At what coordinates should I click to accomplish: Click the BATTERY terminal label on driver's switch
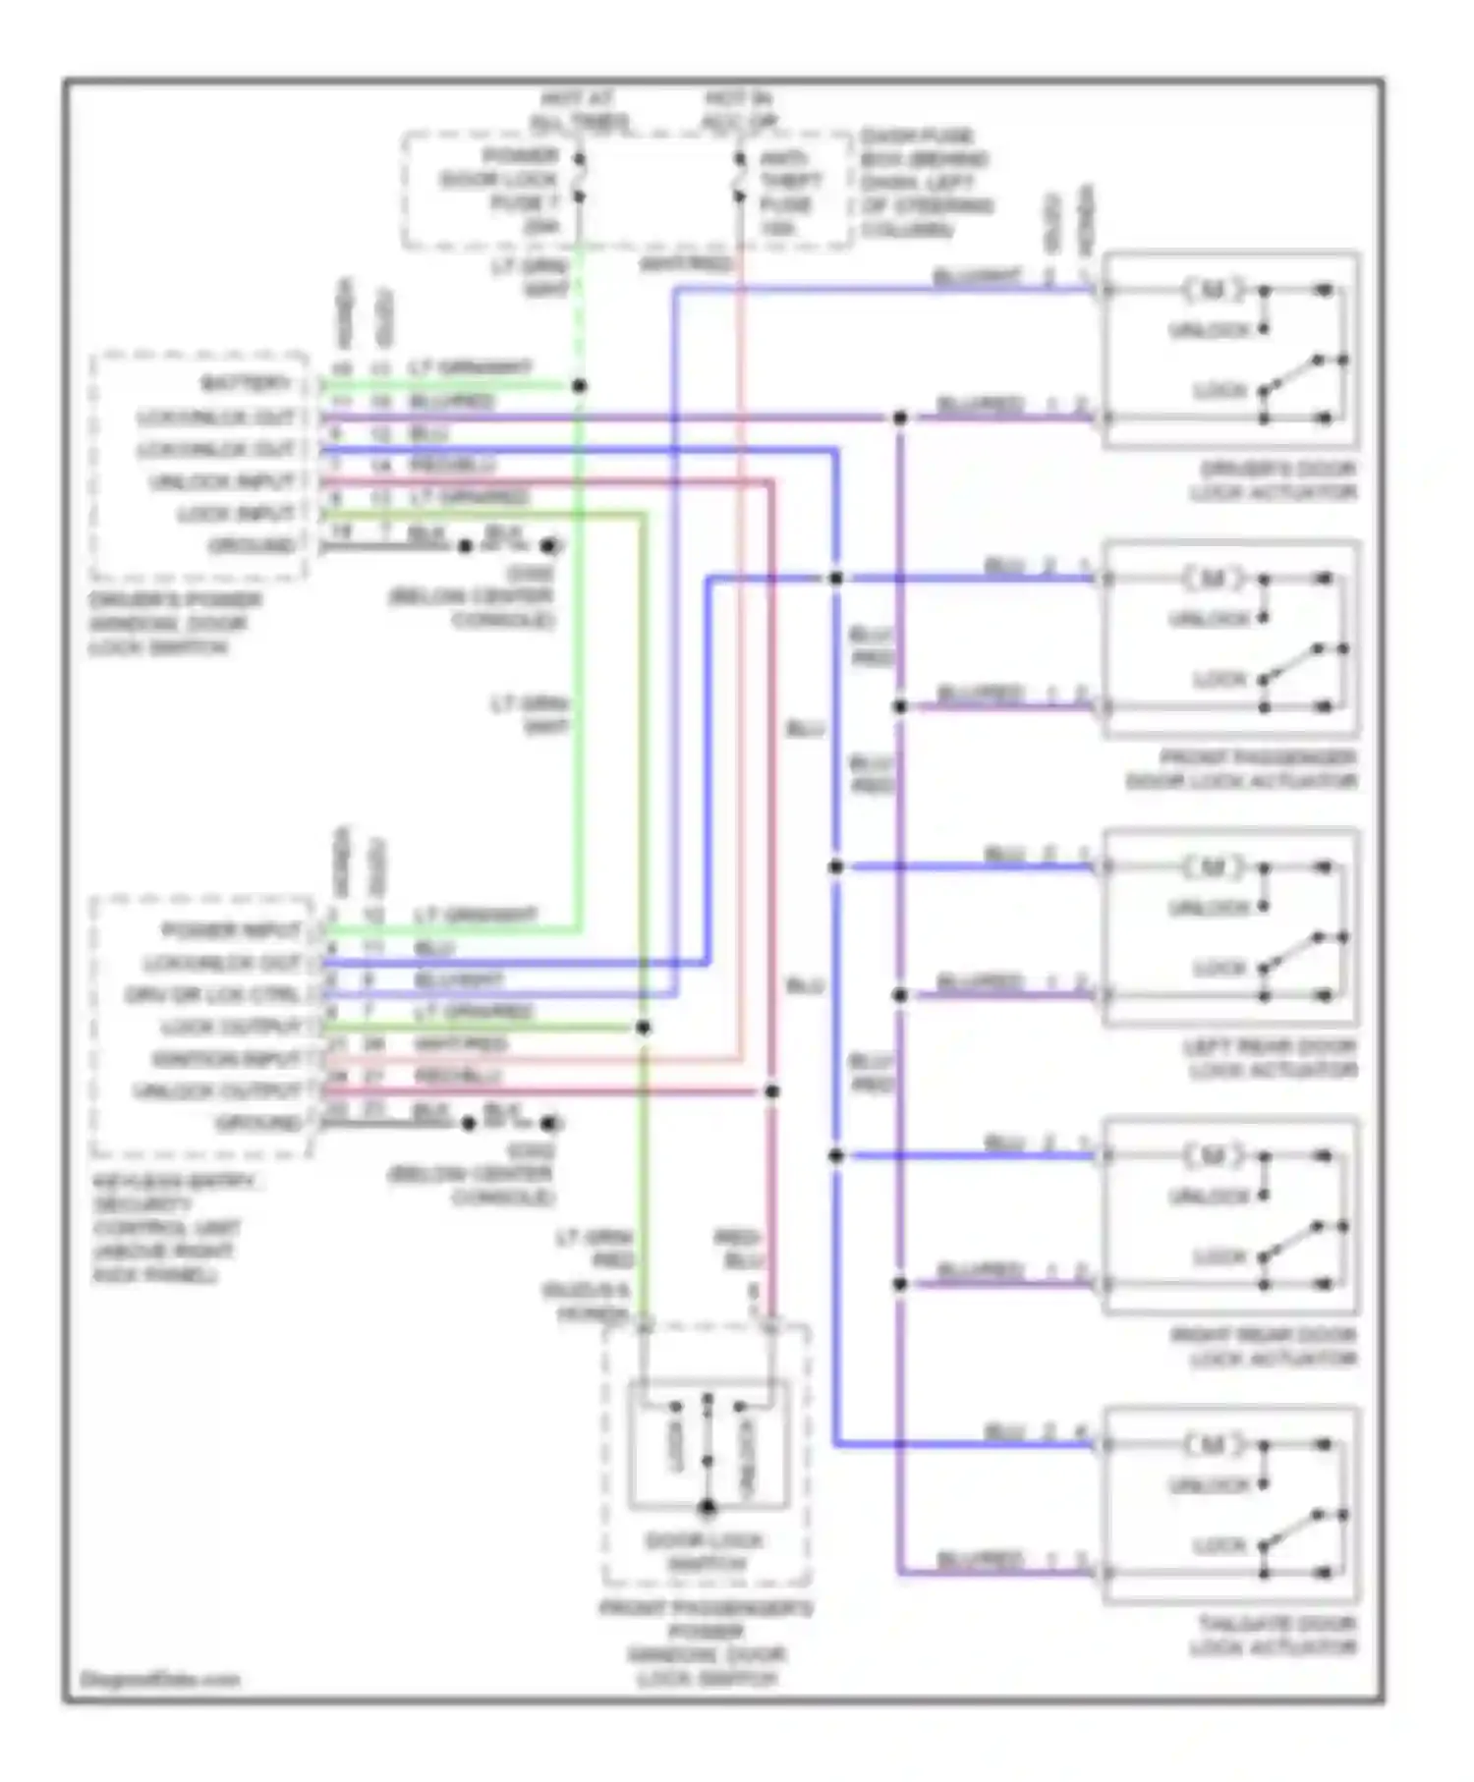click(246, 383)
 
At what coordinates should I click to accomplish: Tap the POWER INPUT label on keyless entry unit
click(232, 930)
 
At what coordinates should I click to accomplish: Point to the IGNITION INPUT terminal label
click(226, 1059)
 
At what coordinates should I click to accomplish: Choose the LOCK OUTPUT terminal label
click(232, 1027)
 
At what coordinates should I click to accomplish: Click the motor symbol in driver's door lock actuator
click(1213, 290)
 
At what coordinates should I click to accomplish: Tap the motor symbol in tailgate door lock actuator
click(1213, 1445)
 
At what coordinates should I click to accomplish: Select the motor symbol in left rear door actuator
click(1213, 867)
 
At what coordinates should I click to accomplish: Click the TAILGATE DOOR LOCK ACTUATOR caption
click(1275, 1636)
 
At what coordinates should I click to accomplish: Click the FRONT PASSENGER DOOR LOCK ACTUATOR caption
click(1242, 769)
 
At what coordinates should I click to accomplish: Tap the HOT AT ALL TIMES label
click(580, 110)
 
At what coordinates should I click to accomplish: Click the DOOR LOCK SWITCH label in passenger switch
click(706, 1551)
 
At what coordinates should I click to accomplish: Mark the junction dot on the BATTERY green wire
click(580, 386)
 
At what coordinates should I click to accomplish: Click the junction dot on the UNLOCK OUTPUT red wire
click(772, 1091)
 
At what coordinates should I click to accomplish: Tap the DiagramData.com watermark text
click(159, 1679)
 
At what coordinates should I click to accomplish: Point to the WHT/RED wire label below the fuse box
click(686, 263)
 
